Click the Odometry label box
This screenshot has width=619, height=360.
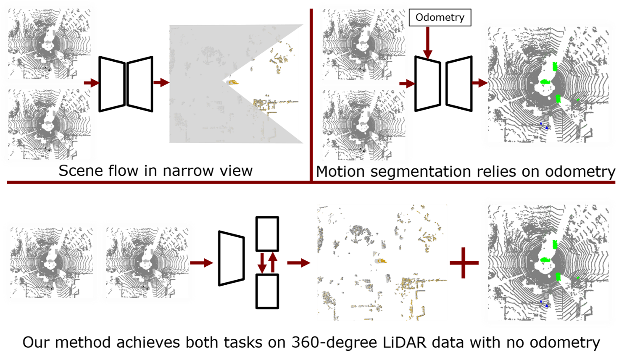click(x=440, y=17)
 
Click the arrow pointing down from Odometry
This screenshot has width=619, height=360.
click(x=427, y=43)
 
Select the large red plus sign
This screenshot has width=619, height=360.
click(x=464, y=263)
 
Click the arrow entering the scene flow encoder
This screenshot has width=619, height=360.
click(x=92, y=82)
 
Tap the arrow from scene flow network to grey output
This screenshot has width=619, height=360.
click(x=161, y=82)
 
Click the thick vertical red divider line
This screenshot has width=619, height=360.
click(x=311, y=95)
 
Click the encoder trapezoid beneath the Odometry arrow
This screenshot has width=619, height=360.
click(x=428, y=84)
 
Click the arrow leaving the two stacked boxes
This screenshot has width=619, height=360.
click(x=299, y=263)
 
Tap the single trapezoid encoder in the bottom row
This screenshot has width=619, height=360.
click(x=232, y=258)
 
